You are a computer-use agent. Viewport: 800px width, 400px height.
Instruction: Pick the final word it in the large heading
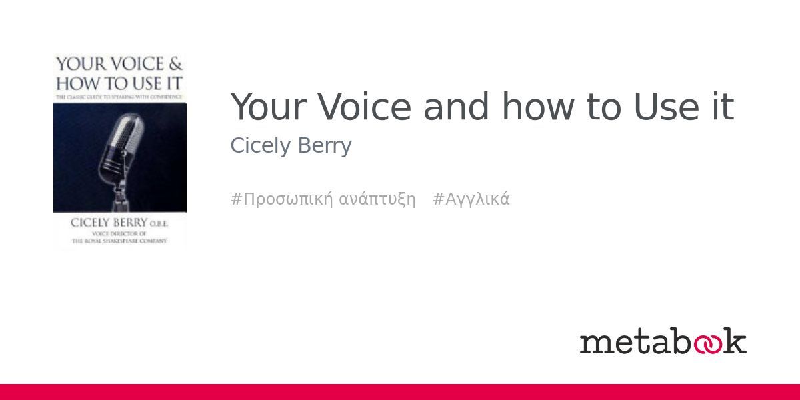coord(723,107)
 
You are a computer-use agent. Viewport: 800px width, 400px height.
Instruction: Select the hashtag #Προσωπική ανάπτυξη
coord(323,199)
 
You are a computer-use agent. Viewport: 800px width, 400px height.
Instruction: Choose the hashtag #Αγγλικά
coord(471,199)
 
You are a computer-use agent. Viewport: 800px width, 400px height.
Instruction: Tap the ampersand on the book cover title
coord(175,65)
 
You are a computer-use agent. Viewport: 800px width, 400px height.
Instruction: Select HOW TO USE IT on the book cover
coord(119,85)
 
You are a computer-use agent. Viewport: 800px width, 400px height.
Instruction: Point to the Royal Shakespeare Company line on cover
coord(120,241)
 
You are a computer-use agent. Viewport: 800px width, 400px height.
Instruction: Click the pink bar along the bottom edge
coord(400,392)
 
